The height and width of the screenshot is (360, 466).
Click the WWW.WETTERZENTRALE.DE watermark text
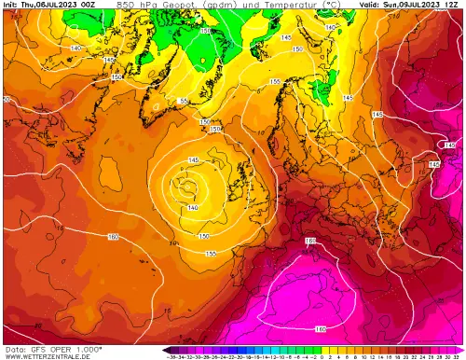(x=46, y=355)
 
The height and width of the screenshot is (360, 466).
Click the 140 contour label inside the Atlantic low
(x=192, y=206)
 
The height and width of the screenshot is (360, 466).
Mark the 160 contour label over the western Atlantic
(x=113, y=238)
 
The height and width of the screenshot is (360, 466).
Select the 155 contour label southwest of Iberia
(x=211, y=254)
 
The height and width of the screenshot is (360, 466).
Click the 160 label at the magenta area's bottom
(x=320, y=329)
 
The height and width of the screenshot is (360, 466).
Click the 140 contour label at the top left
(x=75, y=48)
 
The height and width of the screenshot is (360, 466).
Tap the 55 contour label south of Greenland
(x=184, y=101)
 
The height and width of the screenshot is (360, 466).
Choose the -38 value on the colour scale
(x=171, y=355)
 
